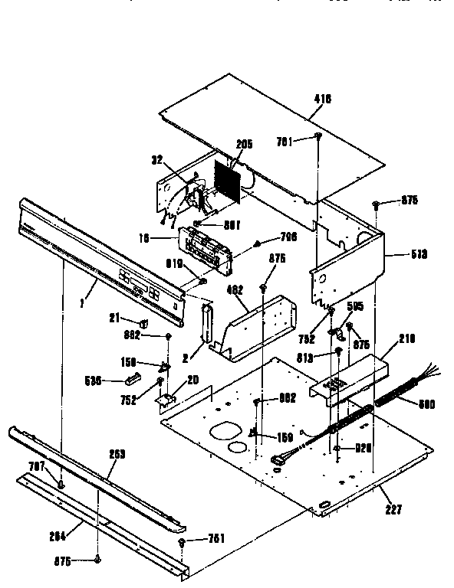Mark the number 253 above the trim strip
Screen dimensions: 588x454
(117, 455)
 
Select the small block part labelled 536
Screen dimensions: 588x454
(132, 377)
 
